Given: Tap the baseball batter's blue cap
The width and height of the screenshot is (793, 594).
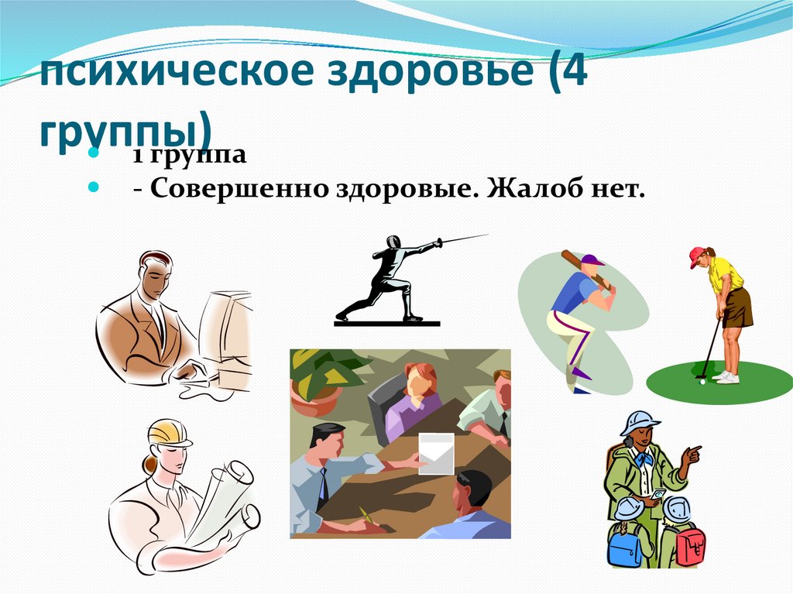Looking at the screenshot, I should pyautogui.click(x=592, y=259).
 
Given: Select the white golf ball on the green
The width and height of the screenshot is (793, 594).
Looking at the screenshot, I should pyautogui.click(x=701, y=381).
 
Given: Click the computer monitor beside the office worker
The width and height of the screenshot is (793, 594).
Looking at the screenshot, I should pyautogui.click(x=225, y=333).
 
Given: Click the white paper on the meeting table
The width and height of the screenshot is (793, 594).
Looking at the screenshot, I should pyautogui.click(x=435, y=453).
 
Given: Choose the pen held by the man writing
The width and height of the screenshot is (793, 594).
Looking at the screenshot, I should pyautogui.click(x=365, y=516).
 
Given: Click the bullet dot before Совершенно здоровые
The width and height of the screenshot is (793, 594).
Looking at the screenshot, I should pyautogui.click(x=94, y=187).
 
